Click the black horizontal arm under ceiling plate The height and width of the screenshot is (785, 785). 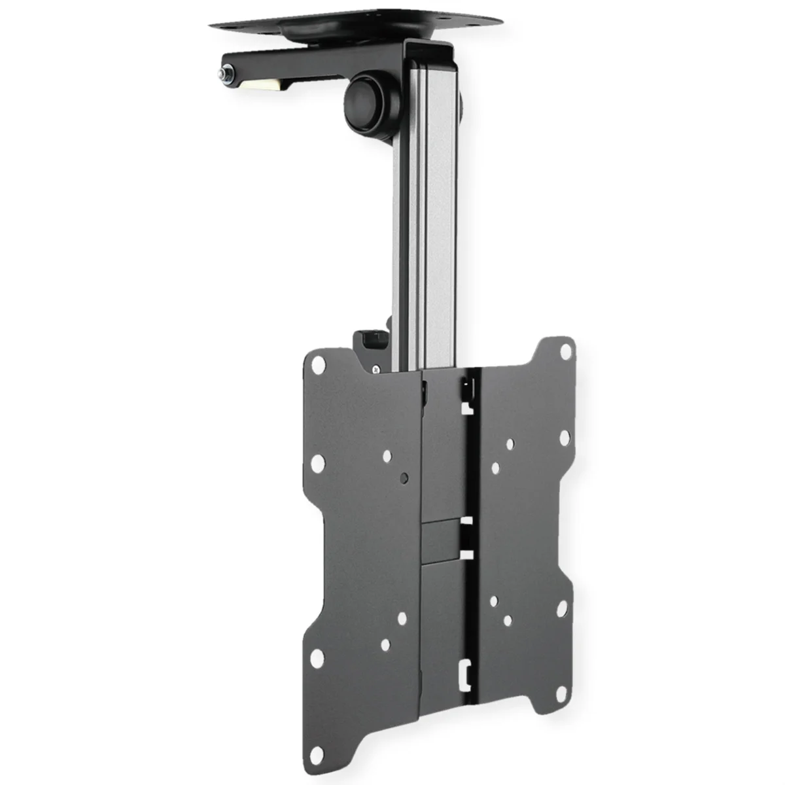[x=314, y=65]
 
